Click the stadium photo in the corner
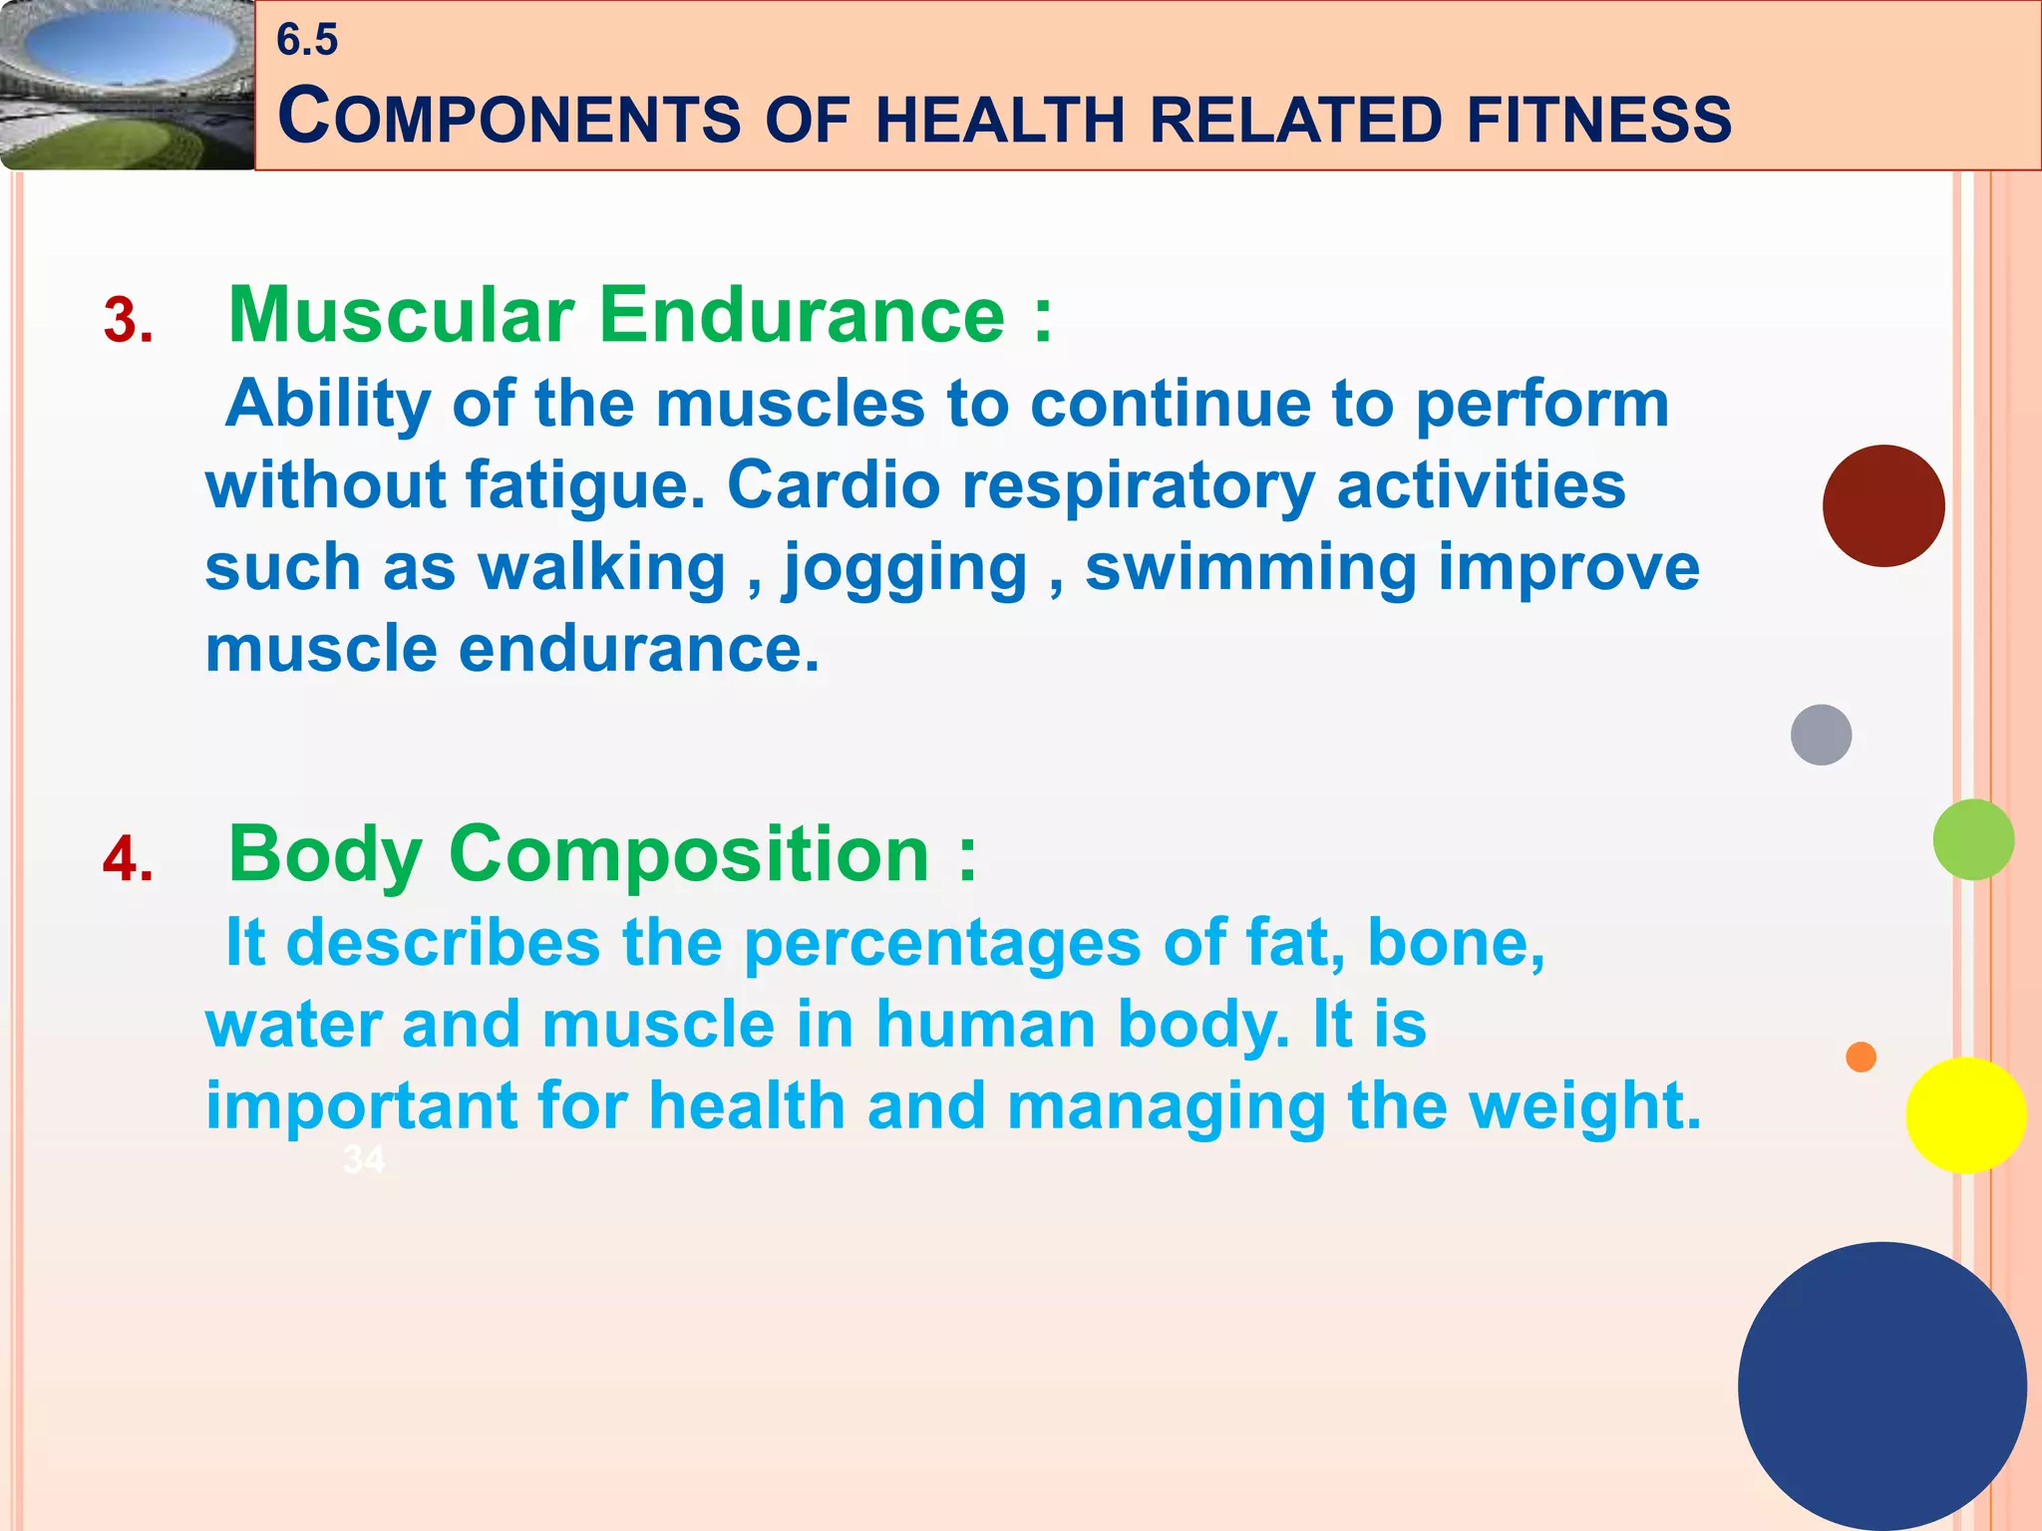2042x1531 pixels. click(x=127, y=85)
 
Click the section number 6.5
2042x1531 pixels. click(x=307, y=40)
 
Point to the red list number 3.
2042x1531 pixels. click(x=129, y=321)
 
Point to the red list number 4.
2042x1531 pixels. click(x=129, y=859)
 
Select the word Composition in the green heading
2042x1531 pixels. click(x=689, y=854)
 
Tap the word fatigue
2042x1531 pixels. click(x=585, y=486)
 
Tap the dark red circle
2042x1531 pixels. click(x=1883, y=506)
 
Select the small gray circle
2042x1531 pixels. click(x=1821, y=735)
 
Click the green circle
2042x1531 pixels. click(x=1973, y=839)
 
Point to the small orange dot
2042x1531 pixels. click(x=1861, y=1057)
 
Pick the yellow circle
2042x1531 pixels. click(x=1965, y=1115)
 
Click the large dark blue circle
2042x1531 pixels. click(x=1881, y=1385)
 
